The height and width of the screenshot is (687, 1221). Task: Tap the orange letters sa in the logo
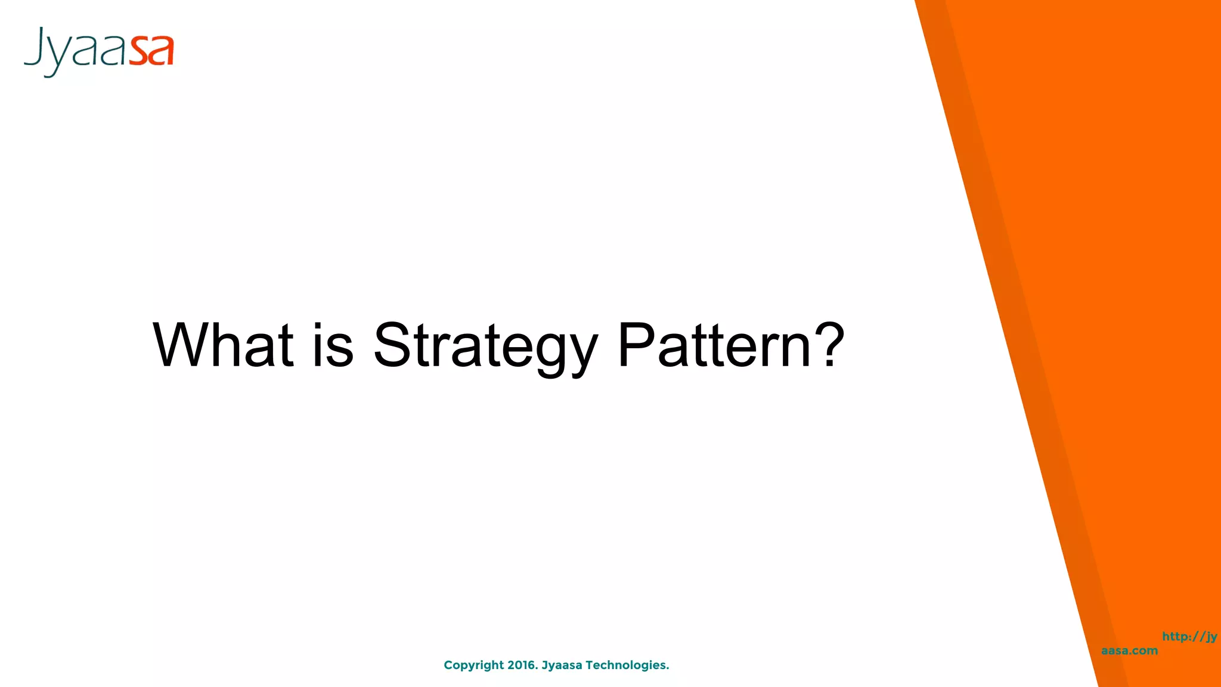[152, 51]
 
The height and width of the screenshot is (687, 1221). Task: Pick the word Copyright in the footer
[473, 666]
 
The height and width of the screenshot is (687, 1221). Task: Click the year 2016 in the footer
[521, 665]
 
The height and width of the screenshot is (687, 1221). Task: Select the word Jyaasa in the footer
[562, 665]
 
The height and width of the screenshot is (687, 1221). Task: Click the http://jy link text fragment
[1189, 636]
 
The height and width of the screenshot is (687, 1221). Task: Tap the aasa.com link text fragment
[1129, 651]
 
